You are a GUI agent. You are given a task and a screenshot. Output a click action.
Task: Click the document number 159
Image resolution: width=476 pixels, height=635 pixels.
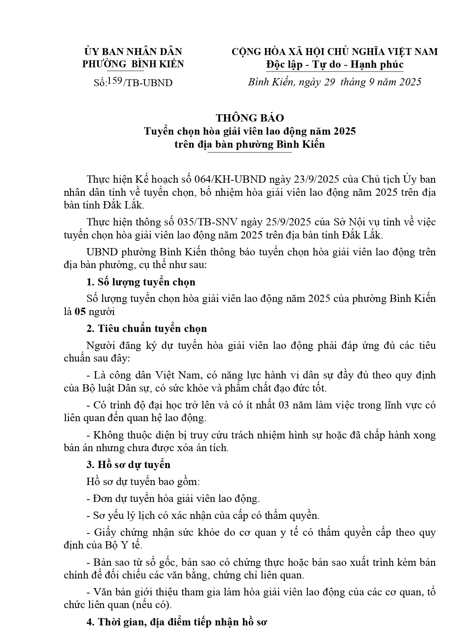click(x=115, y=80)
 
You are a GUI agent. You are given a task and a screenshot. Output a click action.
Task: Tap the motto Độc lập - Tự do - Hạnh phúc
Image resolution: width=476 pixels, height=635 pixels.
click(x=335, y=64)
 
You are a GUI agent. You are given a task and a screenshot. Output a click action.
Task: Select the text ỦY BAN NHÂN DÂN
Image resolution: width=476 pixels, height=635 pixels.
click(x=133, y=52)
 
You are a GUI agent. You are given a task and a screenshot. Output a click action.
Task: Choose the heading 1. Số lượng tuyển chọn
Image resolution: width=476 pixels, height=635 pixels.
click(x=141, y=282)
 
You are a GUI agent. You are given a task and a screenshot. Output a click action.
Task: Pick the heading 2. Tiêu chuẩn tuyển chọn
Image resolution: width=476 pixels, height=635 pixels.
click(x=146, y=328)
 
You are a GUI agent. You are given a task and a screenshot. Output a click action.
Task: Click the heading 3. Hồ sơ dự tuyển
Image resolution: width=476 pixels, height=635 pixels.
click(x=128, y=465)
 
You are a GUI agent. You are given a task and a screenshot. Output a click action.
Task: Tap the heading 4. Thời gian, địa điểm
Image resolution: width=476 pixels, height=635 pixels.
click(x=176, y=622)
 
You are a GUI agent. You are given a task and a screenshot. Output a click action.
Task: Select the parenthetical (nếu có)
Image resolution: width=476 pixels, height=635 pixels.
click(x=152, y=605)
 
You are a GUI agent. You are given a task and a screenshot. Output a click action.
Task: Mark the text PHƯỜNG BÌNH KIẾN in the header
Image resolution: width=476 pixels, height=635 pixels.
click(x=133, y=64)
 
